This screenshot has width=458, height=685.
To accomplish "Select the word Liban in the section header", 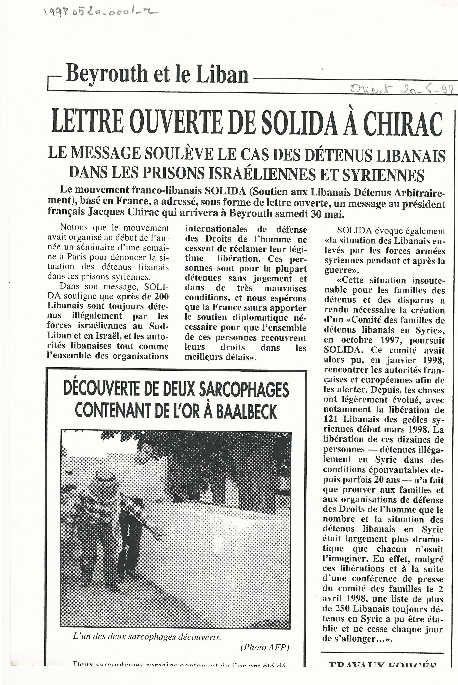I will click(x=222, y=74).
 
